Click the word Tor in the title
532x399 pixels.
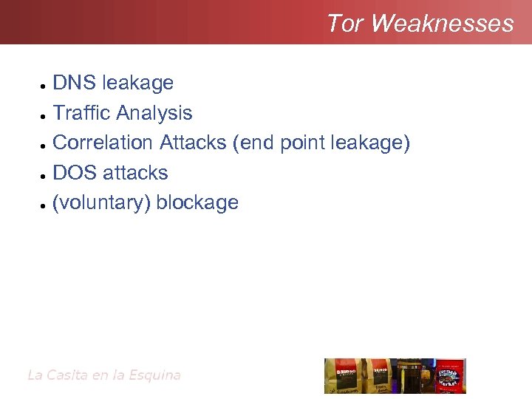[345, 24]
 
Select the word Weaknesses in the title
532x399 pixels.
[442, 24]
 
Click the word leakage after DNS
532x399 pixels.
[137, 83]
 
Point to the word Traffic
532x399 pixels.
[82, 113]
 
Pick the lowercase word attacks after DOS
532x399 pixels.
[135, 173]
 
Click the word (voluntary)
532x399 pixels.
[101, 202]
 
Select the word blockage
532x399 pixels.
[197, 202]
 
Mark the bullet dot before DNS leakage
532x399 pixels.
[45, 86]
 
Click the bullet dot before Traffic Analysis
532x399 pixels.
[45, 116]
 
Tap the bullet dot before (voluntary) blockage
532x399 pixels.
[45, 205]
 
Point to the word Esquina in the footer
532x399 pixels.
[154, 375]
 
